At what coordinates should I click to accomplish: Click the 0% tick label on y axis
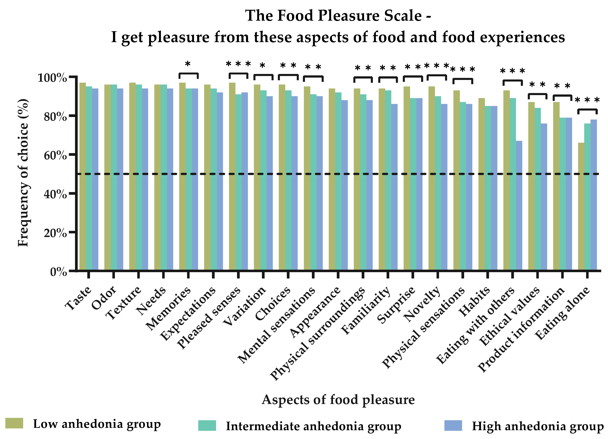(58, 272)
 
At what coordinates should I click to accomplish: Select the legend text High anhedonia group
(538, 426)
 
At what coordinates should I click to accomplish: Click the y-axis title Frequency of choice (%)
(23, 173)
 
